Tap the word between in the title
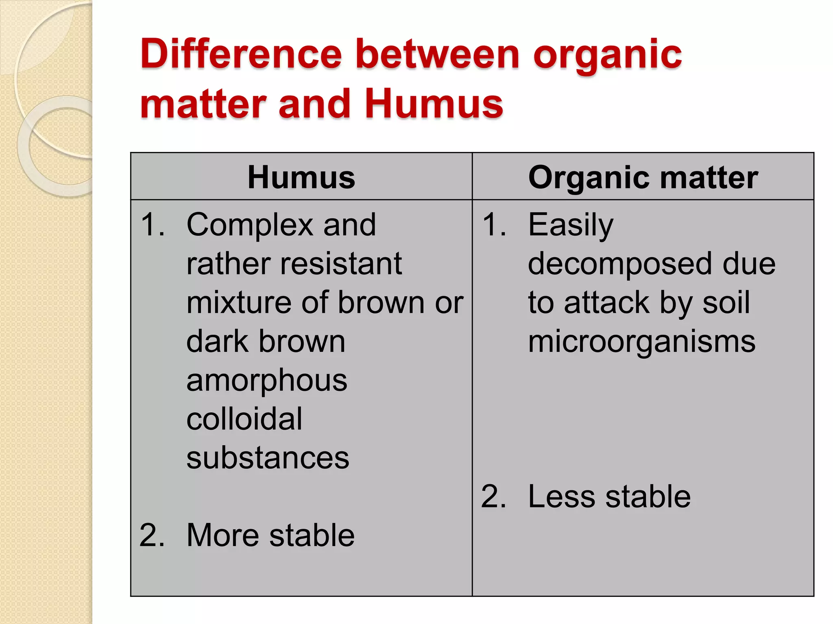[x=438, y=54]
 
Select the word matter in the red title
[x=203, y=104]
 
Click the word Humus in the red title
[x=434, y=104]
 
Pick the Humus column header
[x=301, y=178]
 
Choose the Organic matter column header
[x=643, y=178]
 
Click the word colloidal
[x=244, y=419]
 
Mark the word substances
[x=268, y=458]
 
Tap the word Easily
[x=570, y=225]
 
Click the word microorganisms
[x=641, y=342]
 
